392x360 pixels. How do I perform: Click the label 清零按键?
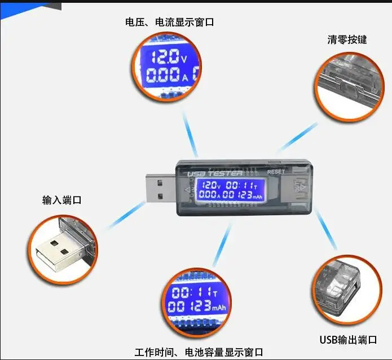click(x=347, y=40)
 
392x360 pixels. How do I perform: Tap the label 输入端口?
click(x=62, y=200)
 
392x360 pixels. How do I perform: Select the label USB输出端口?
click(x=348, y=340)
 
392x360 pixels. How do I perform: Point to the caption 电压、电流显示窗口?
click(x=170, y=23)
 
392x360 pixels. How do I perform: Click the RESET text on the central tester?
click(x=276, y=171)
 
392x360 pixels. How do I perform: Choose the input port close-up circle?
click(x=61, y=248)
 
